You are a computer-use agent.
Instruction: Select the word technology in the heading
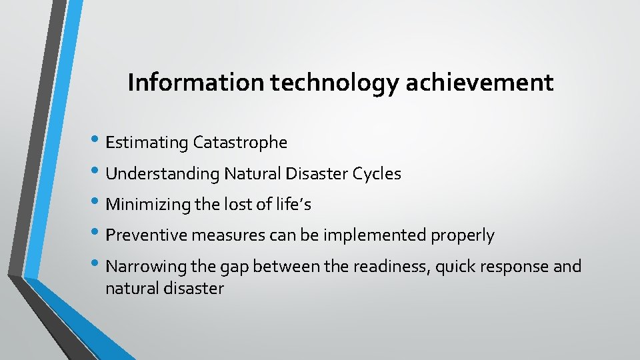coord(327,83)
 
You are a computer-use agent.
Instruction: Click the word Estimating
coord(147,143)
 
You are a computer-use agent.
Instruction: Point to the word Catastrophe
coord(240,143)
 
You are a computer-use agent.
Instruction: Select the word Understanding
coord(163,174)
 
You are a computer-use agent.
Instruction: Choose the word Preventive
coord(147,235)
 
